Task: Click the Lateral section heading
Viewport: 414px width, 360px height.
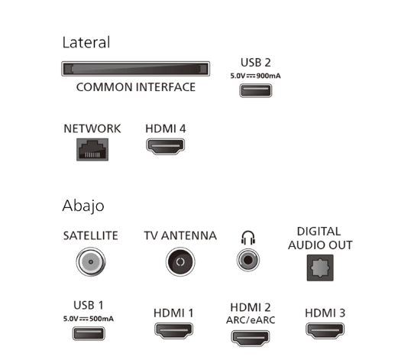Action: [x=86, y=43]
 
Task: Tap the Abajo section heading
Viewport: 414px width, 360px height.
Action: [x=83, y=206]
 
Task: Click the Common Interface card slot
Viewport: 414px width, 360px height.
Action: [x=136, y=69]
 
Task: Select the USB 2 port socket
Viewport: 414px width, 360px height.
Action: [x=256, y=91]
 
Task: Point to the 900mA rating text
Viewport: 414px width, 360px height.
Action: [x=268, y=76]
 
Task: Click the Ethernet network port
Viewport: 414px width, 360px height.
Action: [x=92, y=150]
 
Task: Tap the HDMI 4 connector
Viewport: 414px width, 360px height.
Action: [x=166, y=147]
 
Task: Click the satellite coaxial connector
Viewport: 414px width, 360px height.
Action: [x=91, y=261]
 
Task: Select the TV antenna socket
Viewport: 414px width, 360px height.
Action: [x=180, y=261]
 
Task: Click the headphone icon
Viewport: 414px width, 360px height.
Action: [x=248, y=238]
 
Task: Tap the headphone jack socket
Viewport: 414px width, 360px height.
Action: [x=248, y=260]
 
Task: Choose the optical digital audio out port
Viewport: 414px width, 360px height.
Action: [x=320, y=268]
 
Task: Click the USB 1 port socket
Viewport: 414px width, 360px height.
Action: [x=89, y=333]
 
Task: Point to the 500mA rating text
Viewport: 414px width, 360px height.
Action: [x=102, y=319]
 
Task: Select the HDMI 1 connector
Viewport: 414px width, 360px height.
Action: [x=173, y=330]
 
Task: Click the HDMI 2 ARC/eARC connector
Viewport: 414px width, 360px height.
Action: [x=251, y=338]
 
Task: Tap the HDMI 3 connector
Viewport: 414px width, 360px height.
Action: [x=325, y=330]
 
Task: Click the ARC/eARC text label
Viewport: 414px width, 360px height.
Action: [x=251, y=320]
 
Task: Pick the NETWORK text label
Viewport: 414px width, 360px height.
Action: [x=92, y=129]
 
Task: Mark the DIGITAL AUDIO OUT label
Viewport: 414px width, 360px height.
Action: [x=320, y=238]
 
